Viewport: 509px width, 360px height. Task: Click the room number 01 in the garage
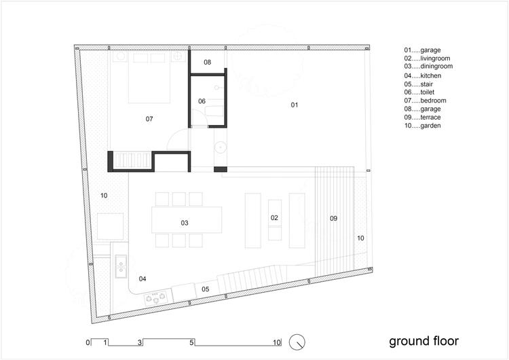[295, 105]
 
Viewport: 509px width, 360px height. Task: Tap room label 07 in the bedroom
[149, 119]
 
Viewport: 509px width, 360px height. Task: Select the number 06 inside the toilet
[202, 101]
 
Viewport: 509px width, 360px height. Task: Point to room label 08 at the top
[208, 62]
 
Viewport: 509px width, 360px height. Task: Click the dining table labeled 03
[187, 219]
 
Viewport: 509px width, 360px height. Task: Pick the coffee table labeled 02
[275, 220]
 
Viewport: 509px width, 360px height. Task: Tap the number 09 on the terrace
[334, 218]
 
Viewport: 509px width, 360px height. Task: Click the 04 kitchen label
[143, 278]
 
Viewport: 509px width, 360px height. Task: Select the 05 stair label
[206, 289]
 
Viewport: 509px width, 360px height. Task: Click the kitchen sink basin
[121, 266]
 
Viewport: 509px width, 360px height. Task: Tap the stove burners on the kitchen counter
[156, 298]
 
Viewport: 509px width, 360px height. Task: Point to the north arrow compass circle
[297, 342]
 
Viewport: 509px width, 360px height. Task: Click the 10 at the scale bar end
[277, 342]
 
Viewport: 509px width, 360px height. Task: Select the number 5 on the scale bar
[191, 342]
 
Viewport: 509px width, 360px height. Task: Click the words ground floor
[423, 341]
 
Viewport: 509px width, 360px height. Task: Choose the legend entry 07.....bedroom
[425, 101]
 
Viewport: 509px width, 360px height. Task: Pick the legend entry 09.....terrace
[422, 118]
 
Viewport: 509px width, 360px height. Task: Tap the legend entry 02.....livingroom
[427, 58]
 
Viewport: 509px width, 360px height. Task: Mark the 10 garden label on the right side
[360, 238]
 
